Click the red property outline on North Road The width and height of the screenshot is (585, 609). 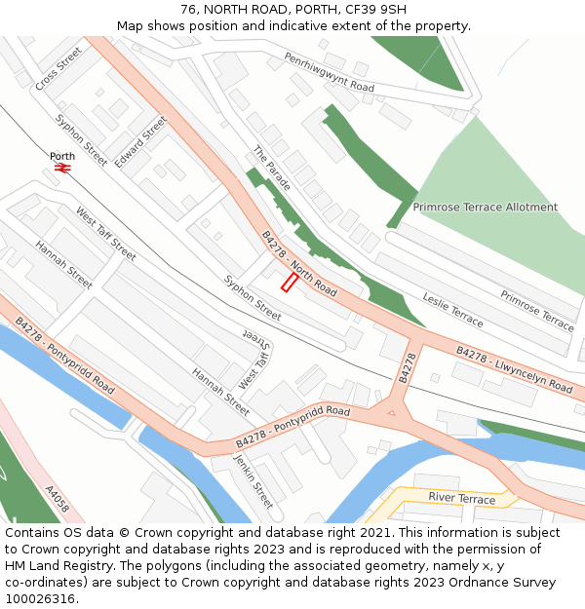click(x=290, y=282)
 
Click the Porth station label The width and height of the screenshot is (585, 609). click(x=62, y=156)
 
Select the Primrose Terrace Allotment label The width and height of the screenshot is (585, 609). click(x=485, y=208)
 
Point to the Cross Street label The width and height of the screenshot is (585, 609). click(x=58, y=70)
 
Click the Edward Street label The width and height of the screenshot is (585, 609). click(x=140, y=142)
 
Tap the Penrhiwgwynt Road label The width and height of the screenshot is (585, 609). click(x=329, y=73)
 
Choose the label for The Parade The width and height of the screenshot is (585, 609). click(x=272, y=169)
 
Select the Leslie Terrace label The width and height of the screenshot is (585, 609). click(x=452, y=309)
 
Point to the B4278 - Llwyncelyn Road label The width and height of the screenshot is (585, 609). click(x=514, y=370)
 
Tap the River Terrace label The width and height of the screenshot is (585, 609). click(x=461, y=499)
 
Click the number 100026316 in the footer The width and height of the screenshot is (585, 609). click(x=40, y=599)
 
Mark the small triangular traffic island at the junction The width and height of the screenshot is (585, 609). click(x=392, y=411)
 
